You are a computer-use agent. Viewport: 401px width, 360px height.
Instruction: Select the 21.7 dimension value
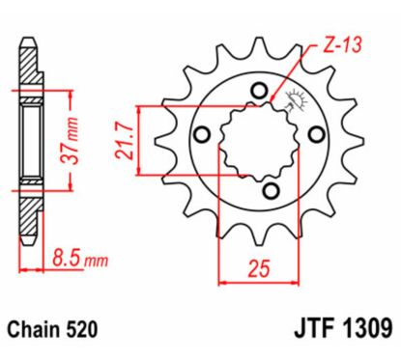(124, 141)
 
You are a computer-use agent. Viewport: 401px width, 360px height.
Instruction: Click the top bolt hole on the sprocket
(258, 92)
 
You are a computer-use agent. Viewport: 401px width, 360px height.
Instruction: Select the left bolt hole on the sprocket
(203, 135)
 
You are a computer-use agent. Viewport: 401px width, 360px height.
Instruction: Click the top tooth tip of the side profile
(29, 43)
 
